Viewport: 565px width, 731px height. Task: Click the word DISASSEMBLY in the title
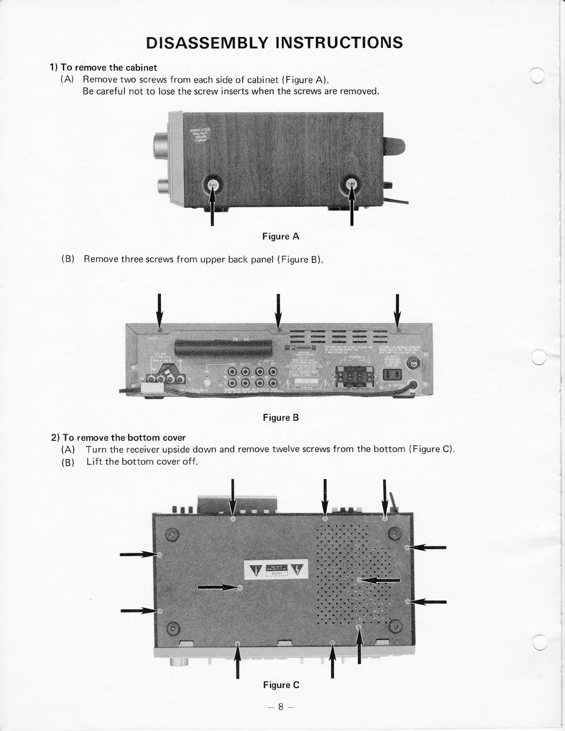click(206, 42)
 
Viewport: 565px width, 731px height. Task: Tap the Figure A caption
click(281, 237)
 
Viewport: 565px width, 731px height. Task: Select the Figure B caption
click(281, 418)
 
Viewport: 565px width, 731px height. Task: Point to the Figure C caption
click(281, 685)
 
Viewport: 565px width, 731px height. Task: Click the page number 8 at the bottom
click(280, 707)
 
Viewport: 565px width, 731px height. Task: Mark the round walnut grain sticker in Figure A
click(200, 133)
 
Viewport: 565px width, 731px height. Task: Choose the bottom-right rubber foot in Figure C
click(395, 626)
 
